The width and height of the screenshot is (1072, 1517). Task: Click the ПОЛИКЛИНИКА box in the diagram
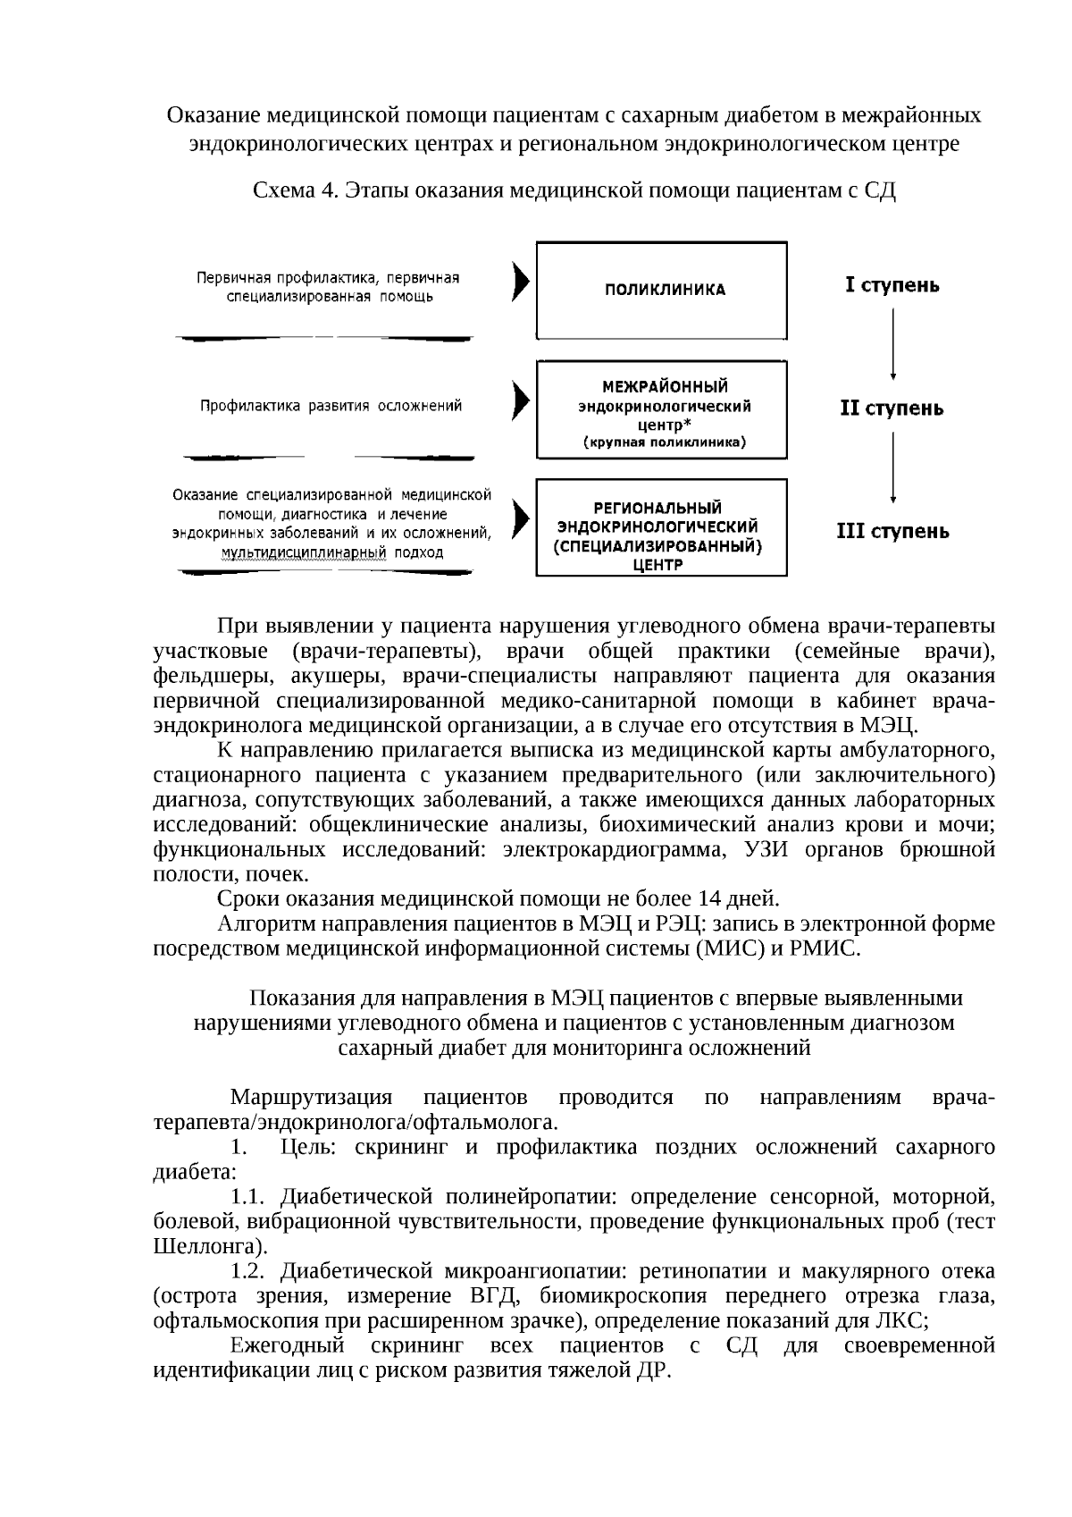point(661,290)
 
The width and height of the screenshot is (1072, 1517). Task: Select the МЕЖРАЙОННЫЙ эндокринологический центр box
point(661,409)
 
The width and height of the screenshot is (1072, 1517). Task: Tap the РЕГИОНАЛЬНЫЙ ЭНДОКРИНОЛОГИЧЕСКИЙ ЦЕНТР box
point(661,527)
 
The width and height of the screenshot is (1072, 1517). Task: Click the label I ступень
point(892,286)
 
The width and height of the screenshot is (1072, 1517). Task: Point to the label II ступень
point(892,409)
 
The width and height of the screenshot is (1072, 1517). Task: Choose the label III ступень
point(892,532)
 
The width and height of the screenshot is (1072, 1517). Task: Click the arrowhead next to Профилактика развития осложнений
point(519,400)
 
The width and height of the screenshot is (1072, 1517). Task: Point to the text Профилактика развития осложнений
point(331,406)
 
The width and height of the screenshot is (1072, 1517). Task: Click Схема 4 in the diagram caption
point(296,190)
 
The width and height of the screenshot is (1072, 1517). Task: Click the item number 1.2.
point(248,1271)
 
